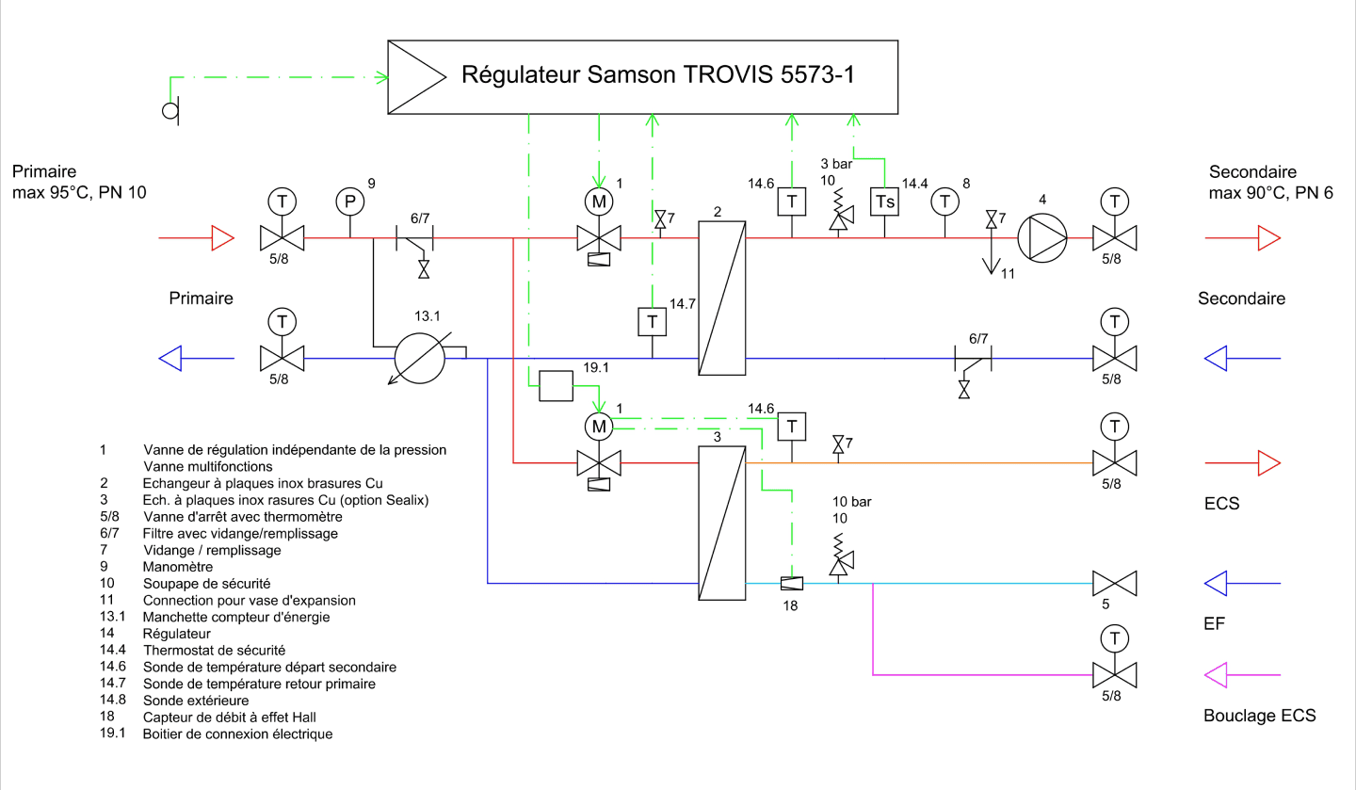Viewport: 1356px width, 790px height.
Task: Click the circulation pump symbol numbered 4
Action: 1041,238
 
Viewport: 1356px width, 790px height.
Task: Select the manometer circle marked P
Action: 350,202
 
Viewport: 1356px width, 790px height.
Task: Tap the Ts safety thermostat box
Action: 884,202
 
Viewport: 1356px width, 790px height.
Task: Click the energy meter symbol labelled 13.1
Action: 420,358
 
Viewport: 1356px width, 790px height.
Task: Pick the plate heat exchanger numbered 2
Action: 721,298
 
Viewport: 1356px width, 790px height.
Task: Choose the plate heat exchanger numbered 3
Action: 721,523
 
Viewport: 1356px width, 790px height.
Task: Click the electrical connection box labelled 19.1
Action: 556,386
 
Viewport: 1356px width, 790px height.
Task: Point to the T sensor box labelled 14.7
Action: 652,321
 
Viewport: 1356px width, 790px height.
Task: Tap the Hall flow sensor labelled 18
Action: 792,583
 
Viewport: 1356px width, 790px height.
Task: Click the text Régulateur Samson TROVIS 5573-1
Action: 658,74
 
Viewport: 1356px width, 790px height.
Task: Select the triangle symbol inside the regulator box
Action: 417,77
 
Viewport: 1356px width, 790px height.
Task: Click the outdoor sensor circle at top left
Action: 170,111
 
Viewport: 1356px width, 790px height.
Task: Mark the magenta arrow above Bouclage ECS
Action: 1242,674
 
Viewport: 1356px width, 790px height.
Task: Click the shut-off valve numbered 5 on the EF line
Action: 1115,583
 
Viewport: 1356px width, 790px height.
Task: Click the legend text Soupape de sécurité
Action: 206,584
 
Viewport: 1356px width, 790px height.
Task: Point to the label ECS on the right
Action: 1221,504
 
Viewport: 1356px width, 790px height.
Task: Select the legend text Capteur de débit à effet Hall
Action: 229,717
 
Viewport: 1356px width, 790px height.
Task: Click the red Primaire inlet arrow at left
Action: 196,238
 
